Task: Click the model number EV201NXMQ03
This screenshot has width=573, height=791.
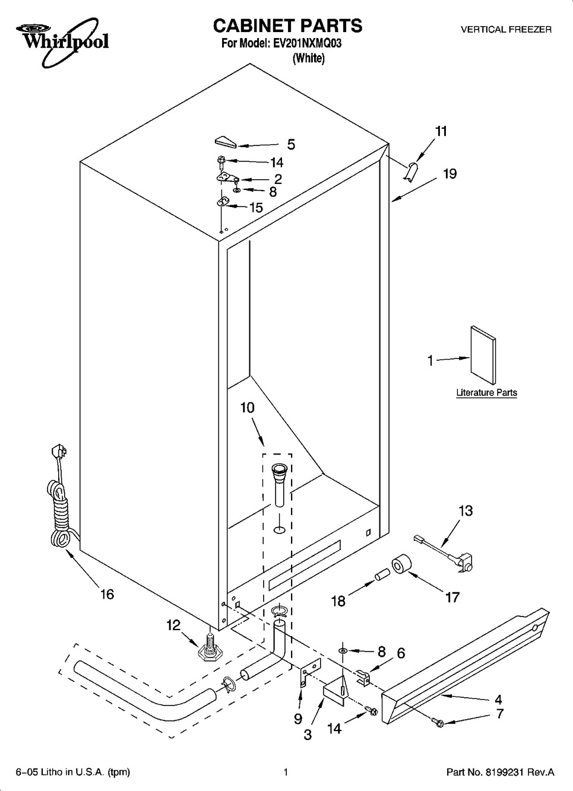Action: click(307, 43)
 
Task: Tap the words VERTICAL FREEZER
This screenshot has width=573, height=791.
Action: click(506, 30)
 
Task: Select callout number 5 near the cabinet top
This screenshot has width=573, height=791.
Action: click(291, 144)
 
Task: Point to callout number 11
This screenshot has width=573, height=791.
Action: click(441, 131)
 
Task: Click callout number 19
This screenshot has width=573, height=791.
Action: click(449, 174)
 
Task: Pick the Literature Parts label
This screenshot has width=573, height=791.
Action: click(486, 392)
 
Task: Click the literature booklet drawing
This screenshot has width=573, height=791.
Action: click(483, 355)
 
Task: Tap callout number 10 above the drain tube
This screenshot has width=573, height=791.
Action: click(247, 408)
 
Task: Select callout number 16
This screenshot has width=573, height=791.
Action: click(107, 595)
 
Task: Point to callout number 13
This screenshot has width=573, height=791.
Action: click(466, 510)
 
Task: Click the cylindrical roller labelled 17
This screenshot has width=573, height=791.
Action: click(401, 564)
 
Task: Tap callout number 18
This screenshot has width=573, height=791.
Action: click(338, 601)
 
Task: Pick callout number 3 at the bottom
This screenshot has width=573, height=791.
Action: click(308, 735)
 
